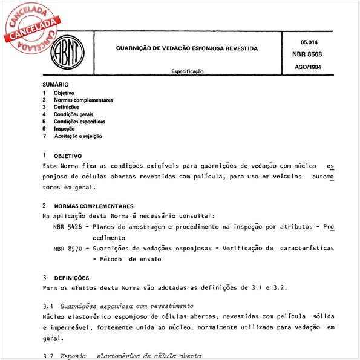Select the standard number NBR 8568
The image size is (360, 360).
[309, 53]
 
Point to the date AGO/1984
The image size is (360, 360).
[309, 66]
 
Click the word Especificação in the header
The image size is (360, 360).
[187, 71]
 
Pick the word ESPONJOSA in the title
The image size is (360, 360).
[214, 47]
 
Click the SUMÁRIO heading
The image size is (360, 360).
[56, 85]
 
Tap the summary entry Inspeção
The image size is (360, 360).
[64, 129]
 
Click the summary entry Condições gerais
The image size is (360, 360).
[73, 114]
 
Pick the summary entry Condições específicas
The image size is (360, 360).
[79, 122]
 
